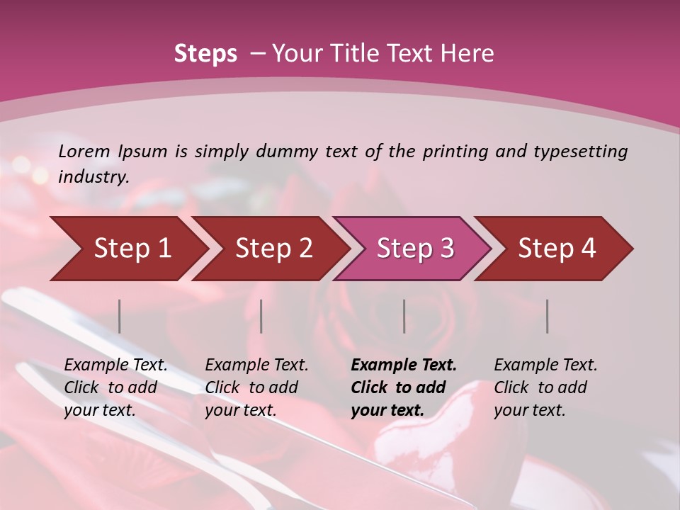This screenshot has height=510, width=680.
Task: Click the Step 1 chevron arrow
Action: click(x=127, y=249)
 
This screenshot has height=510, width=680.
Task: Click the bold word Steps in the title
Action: click(x=205, y=54)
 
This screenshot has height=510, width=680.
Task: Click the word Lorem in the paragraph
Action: click(x=84, y=151)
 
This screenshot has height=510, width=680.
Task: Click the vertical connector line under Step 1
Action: click(x=120, y=316)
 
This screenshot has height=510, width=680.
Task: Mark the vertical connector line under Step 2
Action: click(x=261, y=316)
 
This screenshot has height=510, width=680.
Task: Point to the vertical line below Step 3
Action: click(x=404, y=316)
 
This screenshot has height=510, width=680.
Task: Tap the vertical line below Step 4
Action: click(x=548, y=316)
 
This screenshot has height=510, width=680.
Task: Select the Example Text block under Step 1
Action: click(x=115, y=387)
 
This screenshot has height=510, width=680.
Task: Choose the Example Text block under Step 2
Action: click(x=256, y=387)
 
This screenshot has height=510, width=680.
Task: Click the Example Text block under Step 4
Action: click(x=545, y=387)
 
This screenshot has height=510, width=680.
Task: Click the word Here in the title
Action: click(x=468, y=54)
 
